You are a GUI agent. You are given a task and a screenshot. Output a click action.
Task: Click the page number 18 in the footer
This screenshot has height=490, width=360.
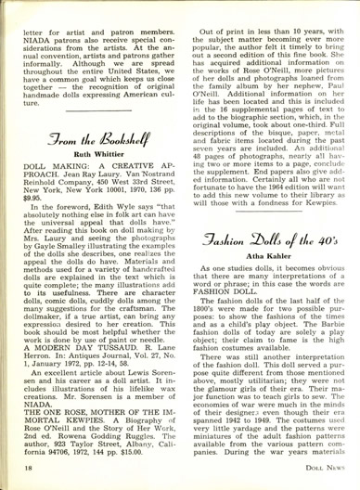click(20, 472)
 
